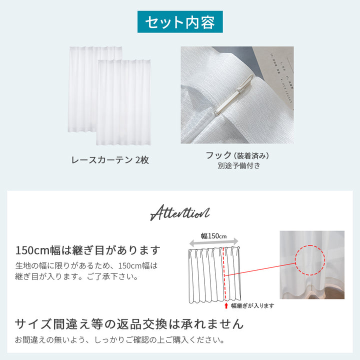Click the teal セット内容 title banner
pyautogui.click(x=180, y=22)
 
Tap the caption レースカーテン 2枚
pyautogui.click(x=110, y=160)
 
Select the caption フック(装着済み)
pyautogui.click(x=236, y=155)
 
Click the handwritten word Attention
pyautogui.click(x=180, y=213)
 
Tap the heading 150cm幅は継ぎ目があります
pyautogui.click(x=88, y=249)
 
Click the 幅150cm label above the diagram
pyautogui.click(x=214, y=236)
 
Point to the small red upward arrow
pyautogui.click(x=226, y=305)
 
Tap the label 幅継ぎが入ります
pyautogui.click(x=252, y=305)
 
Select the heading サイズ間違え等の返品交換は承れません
pyautogui.click(x=129, y=324)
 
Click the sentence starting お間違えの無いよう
pyautogui.click(x=119, y=340)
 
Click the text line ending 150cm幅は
pyautogui.click(x=86, y=265)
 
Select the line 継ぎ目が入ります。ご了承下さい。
pyautogui.click(x=76, y=276)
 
